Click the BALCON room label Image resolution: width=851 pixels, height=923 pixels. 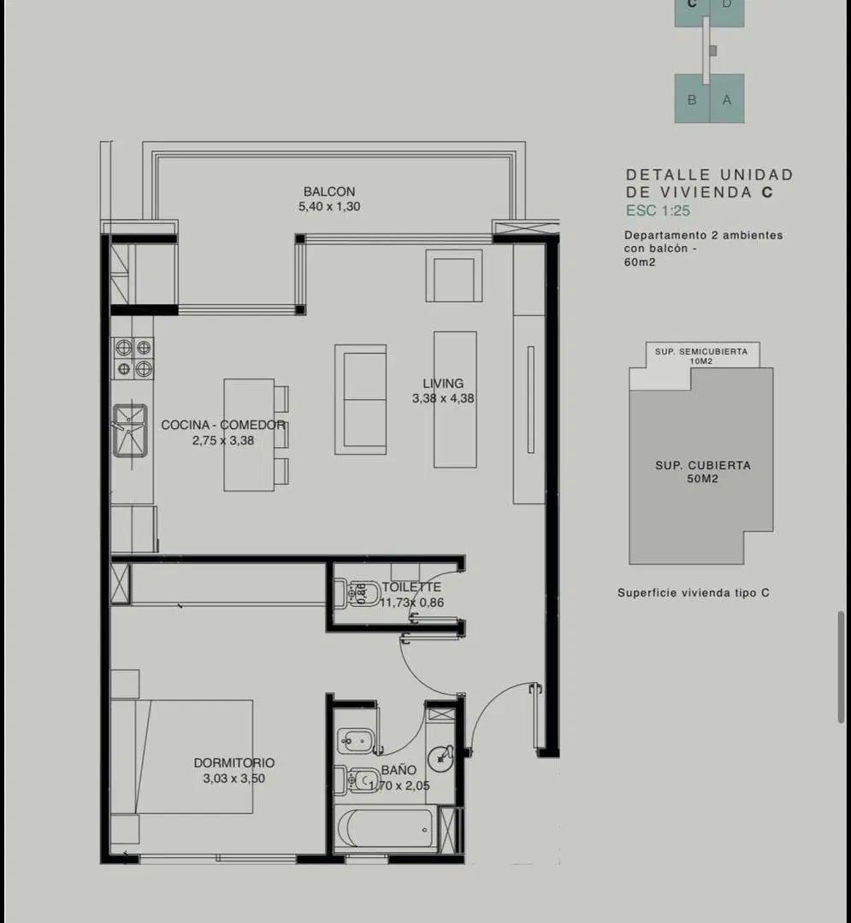(x=329, y=191)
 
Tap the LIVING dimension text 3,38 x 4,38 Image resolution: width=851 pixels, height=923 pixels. (x=443, y=398)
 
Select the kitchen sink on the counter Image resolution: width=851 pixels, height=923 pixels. (x=129, y=430)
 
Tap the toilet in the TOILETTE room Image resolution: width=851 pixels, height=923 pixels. (x=358, y=593)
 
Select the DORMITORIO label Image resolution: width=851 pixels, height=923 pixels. (x=233, y=763)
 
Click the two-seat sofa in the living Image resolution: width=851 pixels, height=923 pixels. (x=361, y=400)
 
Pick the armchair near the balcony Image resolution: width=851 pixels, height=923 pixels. (x=454, y=275)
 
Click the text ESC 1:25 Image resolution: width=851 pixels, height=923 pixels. (x=658, y=211)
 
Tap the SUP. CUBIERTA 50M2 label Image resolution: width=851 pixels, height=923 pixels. (x=702, y=472)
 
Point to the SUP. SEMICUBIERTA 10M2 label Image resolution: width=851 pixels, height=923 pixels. (x=700, y=356)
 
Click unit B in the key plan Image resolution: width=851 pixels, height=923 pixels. (x=692, y=99)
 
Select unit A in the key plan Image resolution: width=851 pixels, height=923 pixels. (x=727, y=99)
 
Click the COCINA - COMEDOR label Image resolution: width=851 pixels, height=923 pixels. (x=222, y=425)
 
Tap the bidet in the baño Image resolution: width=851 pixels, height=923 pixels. (x=355, y=740)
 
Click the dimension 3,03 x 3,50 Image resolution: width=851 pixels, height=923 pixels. (x=233, y=779)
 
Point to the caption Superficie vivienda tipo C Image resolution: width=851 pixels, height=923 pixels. (x=693, y=593)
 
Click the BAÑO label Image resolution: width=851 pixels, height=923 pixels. (x=399, y=770)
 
